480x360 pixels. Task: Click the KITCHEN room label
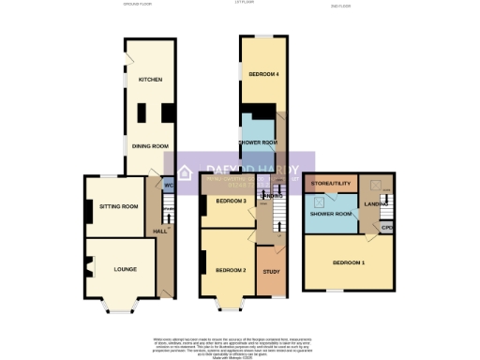pos(151,80)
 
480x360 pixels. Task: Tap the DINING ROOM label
pos(148,145)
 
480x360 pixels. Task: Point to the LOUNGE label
pos(125,270)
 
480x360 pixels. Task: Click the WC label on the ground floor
pos(169,185)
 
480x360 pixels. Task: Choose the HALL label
pos(161,231)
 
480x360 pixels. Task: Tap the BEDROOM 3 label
pos(231,202)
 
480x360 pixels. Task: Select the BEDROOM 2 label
pos(231,270)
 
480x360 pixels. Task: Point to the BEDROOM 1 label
pos(349,262)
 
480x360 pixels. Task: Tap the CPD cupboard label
pos(386,227)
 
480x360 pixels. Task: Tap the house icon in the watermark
pos(186,172)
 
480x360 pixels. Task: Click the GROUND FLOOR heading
pos(137,5)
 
